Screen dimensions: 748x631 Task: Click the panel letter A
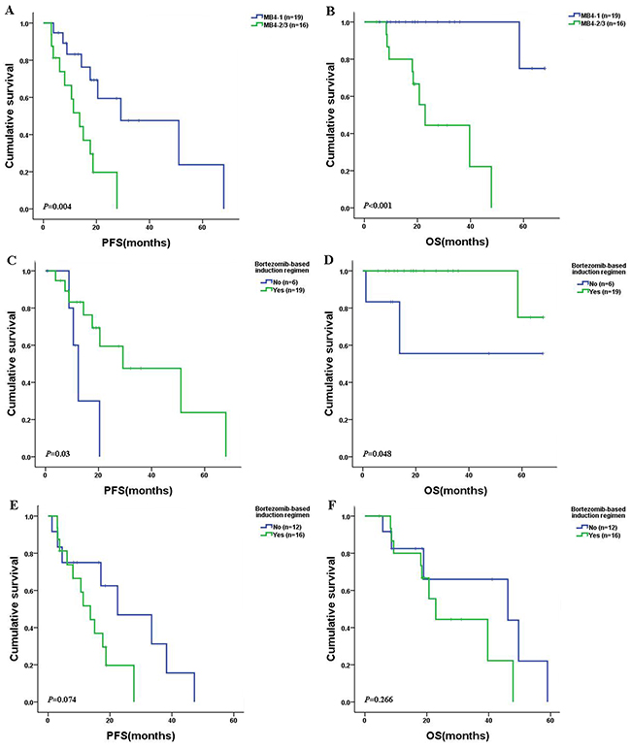click(x=10, y=11)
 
